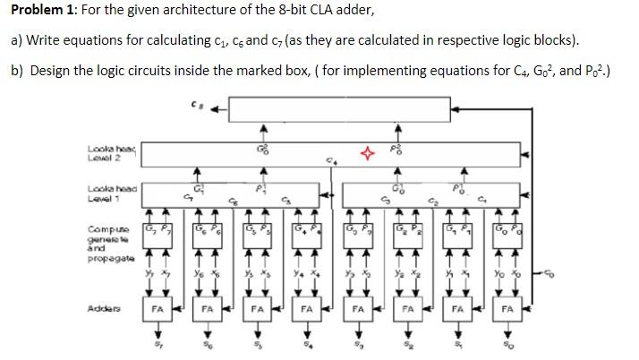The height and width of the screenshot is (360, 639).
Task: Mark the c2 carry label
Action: (x=432, y=201)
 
